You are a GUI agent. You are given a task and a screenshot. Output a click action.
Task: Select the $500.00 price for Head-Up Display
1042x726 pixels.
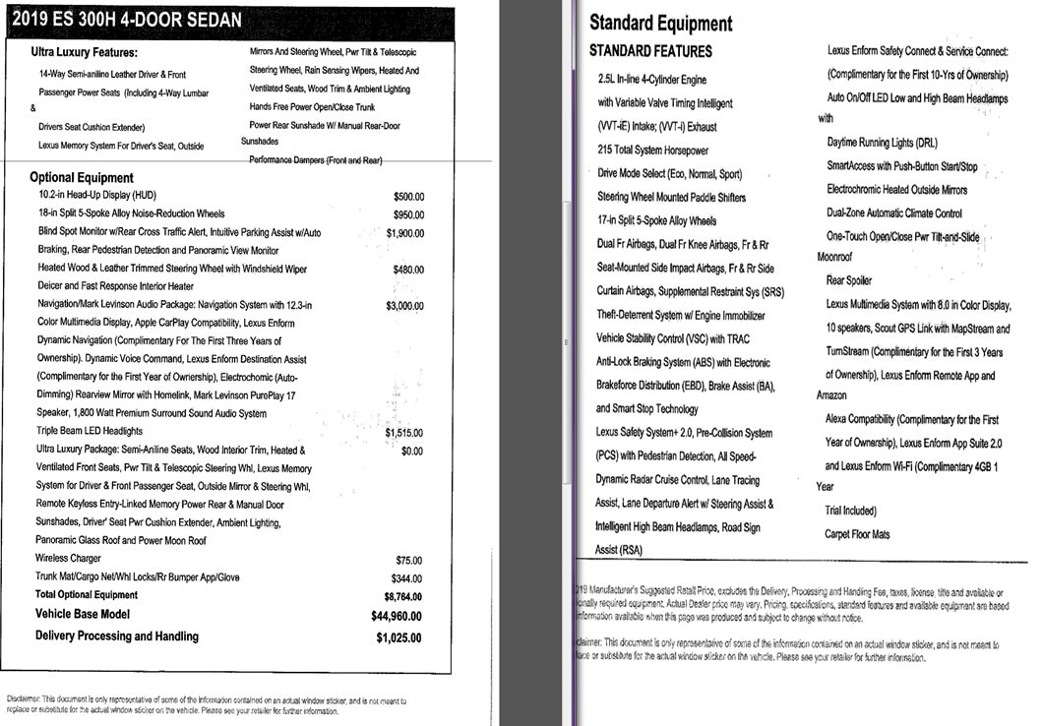pos(407,196)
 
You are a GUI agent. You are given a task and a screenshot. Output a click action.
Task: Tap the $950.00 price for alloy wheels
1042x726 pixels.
pos(407,213)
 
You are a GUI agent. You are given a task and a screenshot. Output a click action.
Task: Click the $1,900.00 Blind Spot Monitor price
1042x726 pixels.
pos(404,233)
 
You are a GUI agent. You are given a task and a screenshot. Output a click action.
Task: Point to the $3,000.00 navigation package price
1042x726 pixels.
pos(404,306)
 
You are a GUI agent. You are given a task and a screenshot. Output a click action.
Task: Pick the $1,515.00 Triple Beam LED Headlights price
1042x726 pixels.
pos(404,432)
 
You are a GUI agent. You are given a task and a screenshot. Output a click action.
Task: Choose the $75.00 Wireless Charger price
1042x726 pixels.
pos(408,560)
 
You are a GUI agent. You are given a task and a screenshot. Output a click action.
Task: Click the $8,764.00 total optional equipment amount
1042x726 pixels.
pos(402,596)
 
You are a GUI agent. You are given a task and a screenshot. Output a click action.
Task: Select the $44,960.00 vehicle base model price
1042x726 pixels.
pos(398,616)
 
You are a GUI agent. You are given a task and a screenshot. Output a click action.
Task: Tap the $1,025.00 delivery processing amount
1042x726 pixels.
pos(398,637)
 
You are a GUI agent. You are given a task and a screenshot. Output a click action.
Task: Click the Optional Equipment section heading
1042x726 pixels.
pos(82,178)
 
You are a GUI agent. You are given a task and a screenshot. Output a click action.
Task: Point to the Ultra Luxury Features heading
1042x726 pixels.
pos(84,53)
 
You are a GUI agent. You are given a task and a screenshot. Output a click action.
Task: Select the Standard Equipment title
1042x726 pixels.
pos(660,24)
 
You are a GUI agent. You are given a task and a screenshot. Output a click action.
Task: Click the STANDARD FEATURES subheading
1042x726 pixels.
pos(650,50)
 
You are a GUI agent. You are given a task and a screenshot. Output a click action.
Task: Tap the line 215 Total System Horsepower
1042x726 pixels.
pos(652,151)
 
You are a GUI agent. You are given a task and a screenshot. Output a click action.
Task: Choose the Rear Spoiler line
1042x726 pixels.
pos(848,280)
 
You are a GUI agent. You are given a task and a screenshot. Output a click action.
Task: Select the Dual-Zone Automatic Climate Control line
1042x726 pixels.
pos(894,213)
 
